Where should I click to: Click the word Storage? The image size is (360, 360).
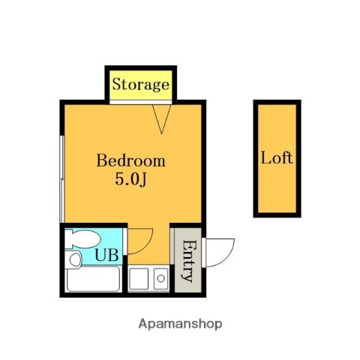tap(140, 84)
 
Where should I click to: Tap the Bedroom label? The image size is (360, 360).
tap(130, 160)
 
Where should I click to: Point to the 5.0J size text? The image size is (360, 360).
tap(130, 179)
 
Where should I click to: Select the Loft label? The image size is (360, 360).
tap(277, 158)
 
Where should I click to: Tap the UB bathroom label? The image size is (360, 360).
tap(105, 255)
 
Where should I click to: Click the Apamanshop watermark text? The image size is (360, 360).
tap(180, 324)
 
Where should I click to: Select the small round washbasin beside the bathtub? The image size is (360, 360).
tap(73, 259)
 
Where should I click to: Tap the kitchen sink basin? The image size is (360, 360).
tap(139, 280)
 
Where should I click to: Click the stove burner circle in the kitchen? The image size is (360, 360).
tap(160, 280)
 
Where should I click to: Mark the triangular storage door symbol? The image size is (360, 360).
tap(163, 116)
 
